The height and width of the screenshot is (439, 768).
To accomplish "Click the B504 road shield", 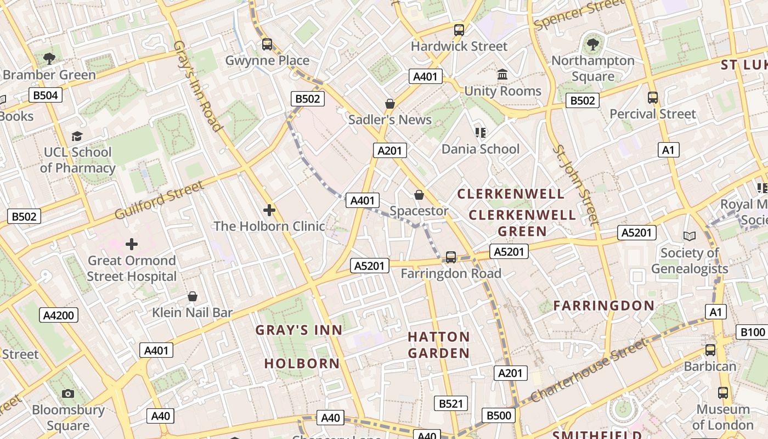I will [46, 95].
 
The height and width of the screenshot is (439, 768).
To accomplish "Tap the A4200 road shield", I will [60, 315].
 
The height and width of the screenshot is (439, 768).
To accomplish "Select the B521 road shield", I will [451, 404].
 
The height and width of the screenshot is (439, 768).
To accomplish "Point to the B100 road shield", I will [753, 332].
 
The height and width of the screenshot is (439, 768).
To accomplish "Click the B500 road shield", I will [499, 415].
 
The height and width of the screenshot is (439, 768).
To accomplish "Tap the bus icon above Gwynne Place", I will [267, 44].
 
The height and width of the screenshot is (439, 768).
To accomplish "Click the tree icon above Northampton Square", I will [592, 44].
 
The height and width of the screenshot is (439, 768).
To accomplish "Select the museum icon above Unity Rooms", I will [502, 75].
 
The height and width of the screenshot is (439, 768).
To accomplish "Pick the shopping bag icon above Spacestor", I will [419, 195].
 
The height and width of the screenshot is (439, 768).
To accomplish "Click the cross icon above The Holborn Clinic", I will [269, 210].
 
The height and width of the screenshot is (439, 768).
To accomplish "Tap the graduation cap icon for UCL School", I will [77, 136].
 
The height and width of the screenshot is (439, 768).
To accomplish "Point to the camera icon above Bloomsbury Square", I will [68, 393].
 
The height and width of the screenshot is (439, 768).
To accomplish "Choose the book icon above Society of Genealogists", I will [690, 237].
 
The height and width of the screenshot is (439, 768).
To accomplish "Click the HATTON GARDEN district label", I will [439, 345].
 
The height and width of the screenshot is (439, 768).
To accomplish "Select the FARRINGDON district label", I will [603, 306].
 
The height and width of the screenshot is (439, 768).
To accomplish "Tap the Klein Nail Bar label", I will [193, 313].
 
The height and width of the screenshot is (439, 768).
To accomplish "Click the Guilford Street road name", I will [159, 200].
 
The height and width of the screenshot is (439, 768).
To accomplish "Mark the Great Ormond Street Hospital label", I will [132, 268].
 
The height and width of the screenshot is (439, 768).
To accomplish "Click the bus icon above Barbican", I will [710, 350].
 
